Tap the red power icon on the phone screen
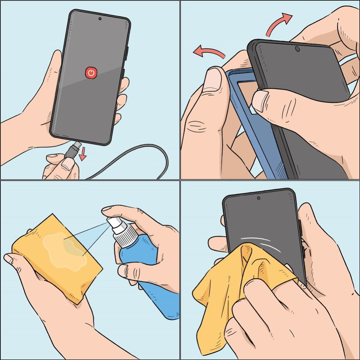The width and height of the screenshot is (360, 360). [x=91, y=73]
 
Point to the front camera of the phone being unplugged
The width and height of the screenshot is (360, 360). [x=100, y=19]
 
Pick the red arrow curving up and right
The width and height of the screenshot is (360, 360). [x=280, y=23]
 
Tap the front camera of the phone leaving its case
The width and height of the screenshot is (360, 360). [x=297, y=49]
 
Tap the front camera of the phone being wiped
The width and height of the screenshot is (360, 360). [x=259, y=198]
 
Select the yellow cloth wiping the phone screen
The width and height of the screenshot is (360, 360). [x=231, y=288]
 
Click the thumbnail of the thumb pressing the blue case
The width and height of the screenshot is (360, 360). [x=213, y=77]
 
